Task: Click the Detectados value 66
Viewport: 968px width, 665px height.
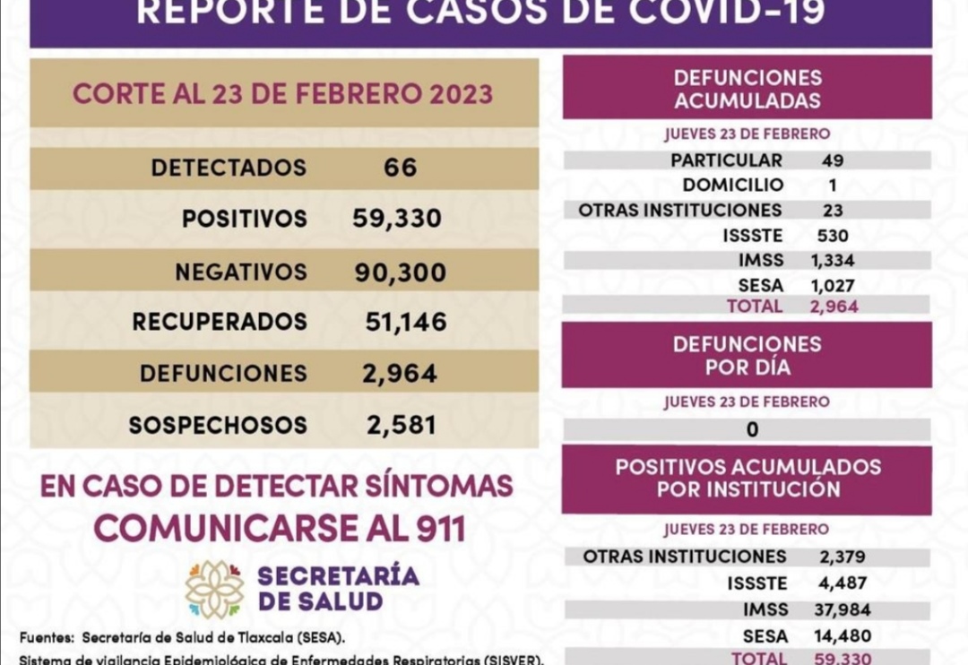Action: [x=400, y=168]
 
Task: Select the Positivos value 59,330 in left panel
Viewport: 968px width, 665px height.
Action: [x=397, y=219]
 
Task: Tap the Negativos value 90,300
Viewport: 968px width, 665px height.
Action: [x=400, y=272]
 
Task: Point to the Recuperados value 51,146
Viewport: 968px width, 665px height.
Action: [x=406, y=322]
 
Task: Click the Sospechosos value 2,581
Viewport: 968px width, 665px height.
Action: [x=402, y=425]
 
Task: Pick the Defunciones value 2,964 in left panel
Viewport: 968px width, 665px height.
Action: [x=400, y=373]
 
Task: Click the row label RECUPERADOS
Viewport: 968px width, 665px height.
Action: [x=220, y=322]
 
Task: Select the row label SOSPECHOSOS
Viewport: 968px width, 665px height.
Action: [x=218, y=425]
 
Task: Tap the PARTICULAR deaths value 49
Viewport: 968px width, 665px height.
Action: [x=833, y=160]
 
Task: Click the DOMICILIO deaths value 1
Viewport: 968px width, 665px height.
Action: [x=833, y=186]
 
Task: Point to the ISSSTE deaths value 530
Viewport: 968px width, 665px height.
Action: [x=833, y=236]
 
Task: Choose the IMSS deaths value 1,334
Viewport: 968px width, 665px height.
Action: [x=833, y=261]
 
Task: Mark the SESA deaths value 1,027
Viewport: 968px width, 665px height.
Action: [x=833, y=286]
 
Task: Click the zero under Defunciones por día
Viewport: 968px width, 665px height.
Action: [x=752, y=429]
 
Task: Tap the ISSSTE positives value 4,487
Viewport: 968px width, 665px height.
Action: [x=843, y=583]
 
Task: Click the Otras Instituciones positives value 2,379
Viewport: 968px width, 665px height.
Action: [x=843, y=557]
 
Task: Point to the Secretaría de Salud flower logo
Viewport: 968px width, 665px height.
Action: [x=214, y=589]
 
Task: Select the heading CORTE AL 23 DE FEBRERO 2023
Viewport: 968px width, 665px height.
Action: [x=282, y=94]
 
